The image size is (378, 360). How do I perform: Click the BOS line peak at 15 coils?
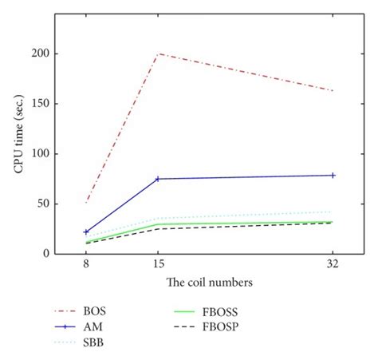tap(159, 53)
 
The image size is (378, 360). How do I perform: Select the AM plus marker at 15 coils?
tap(159, 179)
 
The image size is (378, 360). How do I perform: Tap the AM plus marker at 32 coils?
tap(333, 175)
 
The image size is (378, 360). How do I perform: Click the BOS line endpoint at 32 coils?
tap(333, 90)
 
